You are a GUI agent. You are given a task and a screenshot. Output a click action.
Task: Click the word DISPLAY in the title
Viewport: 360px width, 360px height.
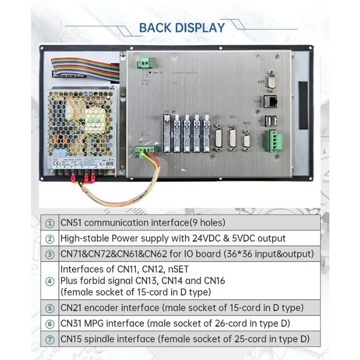[x=201, y=27]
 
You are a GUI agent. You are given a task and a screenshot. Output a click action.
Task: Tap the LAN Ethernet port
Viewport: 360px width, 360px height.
[x=271, y=100]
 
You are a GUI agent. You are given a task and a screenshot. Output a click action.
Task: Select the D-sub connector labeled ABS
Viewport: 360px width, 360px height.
[x=271, y=82]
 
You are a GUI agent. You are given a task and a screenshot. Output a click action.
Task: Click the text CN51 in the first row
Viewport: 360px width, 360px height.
[x=72, y=223]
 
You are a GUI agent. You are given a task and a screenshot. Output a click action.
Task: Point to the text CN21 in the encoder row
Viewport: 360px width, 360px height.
[x=72, y=308]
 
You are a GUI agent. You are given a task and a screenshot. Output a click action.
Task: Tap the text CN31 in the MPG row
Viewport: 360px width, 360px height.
[x=72, y=323]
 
